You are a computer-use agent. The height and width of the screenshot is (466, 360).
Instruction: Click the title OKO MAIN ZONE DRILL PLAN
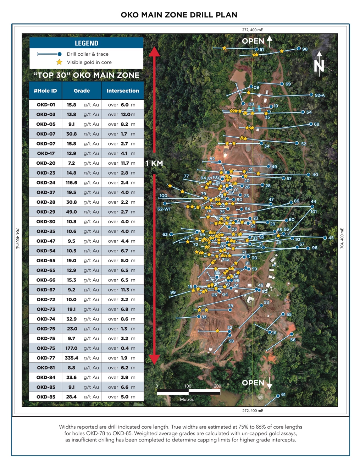[179, 15]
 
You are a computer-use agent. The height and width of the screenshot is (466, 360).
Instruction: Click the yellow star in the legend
[59, 62]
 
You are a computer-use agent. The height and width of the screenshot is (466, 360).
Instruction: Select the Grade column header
[82, 91]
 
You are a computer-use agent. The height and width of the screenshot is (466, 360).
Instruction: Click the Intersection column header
[123, 91]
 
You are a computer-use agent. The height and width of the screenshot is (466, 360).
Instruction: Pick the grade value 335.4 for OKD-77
[71, 358]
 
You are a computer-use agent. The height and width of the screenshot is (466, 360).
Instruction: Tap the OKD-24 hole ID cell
[46, 183]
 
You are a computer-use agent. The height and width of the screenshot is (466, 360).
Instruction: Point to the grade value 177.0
[71, 348]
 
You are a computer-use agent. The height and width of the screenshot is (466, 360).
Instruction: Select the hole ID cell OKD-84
[46, 378]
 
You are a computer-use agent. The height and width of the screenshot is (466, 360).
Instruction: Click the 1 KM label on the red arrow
[154, 164]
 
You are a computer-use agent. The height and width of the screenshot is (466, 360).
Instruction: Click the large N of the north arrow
[319, 66]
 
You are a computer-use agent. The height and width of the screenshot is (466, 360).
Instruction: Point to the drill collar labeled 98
[299, 49]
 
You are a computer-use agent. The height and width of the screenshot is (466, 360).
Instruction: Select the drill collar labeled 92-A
[311, 95]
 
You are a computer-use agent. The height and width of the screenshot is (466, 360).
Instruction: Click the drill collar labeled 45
[325, 238]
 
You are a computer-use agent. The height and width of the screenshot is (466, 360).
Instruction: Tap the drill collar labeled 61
[278, 395]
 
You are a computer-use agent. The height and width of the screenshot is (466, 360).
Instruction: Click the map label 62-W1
[164, 209]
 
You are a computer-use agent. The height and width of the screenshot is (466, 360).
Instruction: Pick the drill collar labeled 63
[171, 234]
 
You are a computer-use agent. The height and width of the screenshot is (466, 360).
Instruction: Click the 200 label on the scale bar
[217, 386]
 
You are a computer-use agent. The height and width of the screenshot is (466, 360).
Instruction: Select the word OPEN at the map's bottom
[253, 383]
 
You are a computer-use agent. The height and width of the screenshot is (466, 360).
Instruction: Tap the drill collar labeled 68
[311, 124]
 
